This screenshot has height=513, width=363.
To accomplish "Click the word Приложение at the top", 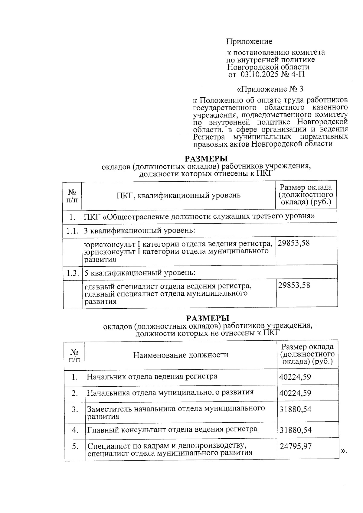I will point(250,41).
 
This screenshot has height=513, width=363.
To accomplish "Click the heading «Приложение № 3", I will point(270,89).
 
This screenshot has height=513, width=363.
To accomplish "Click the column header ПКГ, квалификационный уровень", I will point(178,195).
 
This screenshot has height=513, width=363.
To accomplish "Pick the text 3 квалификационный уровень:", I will point(139,231).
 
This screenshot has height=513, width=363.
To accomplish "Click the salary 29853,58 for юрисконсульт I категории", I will point(294,243).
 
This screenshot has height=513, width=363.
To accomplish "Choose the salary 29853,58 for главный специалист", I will point(294,285).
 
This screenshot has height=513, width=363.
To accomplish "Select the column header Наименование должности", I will point(181,355).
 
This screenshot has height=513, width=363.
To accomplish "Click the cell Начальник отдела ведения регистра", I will point(152,377).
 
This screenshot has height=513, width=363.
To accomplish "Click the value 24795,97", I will point(296,446).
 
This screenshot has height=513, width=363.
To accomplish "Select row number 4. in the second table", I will point(75,430).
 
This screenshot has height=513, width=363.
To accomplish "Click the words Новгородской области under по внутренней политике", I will point(268,67).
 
